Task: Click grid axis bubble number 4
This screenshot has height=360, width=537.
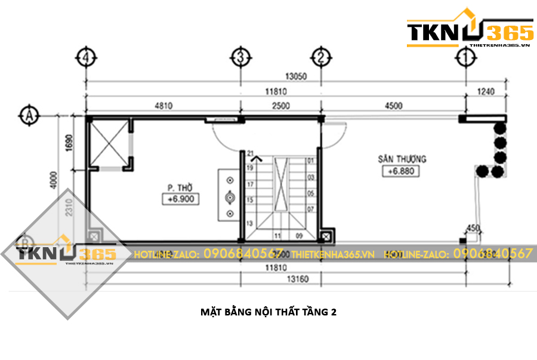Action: pyautogui.click(x=87, y=57)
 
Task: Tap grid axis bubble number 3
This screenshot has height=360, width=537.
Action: pyautogui.click(x=240, y=57)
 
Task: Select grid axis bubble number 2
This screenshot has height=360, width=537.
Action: pyautogui.click(x=321, y=57)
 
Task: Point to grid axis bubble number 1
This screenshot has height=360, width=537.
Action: pyautogui.click(x=465, y=57)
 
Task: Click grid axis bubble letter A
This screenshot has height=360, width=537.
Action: pyautogui.click(x=27, y=114)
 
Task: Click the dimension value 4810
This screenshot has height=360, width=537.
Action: pyautogui.click(x=163, y=106)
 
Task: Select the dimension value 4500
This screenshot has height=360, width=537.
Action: pyautogui.click(x=393, y=106)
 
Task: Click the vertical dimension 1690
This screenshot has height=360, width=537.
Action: pyautogui.click(x=69, y=143)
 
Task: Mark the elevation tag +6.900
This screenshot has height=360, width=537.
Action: pyautogui.click(x=180, y=199)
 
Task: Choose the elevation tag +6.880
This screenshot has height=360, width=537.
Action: pyautogui.click(x=401, y=171)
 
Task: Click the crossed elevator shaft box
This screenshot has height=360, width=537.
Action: pyautogui.click(x=109, y=143)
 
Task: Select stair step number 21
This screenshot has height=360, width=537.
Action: pyautogui.click(x=251, y=153)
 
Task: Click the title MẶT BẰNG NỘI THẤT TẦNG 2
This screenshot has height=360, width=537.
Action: pyautogui.click(x=268, y=312)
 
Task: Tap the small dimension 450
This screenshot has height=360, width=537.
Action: pyautogui.click(x=473, y=227)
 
